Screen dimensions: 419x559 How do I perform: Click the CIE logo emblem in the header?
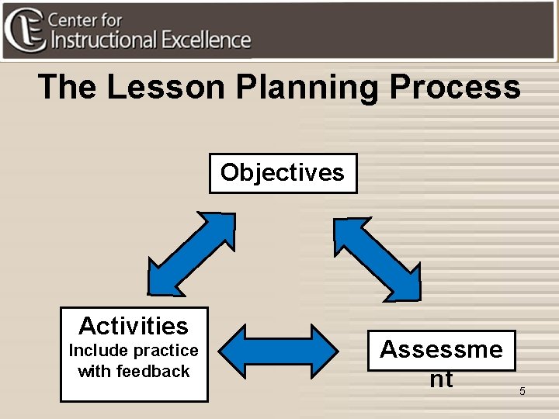pyautogui.click(x=23, y=29)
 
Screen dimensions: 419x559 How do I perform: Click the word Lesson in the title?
pyautogui.click(x=166, y=87)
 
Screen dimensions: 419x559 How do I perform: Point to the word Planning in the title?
pyautogui.click(x=307, y=87)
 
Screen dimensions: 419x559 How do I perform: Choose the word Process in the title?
pyautogui.click(x=455, y=87)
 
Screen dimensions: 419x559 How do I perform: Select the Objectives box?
pyautogui.click(x=283, y=172)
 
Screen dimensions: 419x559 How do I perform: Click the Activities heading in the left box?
pyautogui.click(x=134, y=325)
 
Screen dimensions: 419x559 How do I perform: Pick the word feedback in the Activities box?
pyautogui.click(x=153, y=371)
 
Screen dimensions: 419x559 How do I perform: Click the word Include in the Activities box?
pyautogui.click(x=96, y=351)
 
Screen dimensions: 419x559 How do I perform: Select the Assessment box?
pyautogui.click(x=441, y=362)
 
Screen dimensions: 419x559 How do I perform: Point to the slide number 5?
pyautogui.click(x=522, y=391)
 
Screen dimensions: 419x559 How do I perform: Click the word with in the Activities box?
pyautogui.click(x=94, y=371)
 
